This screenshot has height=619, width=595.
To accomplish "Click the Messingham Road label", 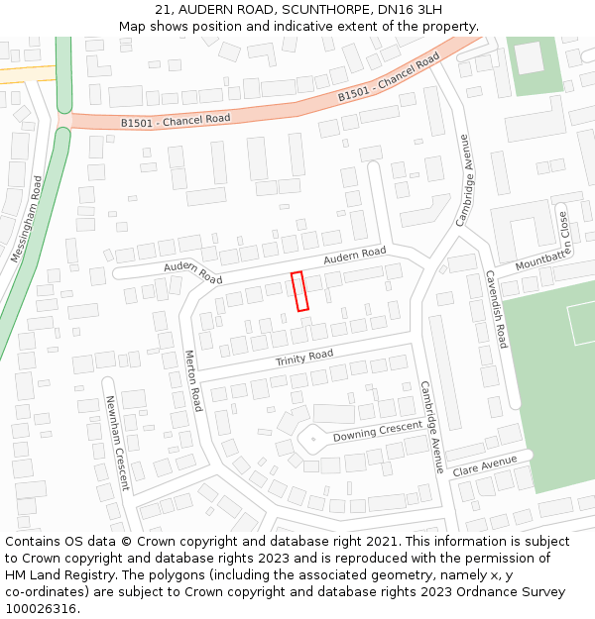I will pyautogui.click(x=26, y=219).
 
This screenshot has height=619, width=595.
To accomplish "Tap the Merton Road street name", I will pyautogui.click(x=193, y=380).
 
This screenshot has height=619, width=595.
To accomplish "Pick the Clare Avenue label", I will pyautogui.click(x=485, y=466).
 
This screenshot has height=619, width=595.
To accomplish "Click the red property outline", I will pyautogui.click(x=300, y=291).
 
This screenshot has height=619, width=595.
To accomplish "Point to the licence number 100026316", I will pyautogui.click(x=41, y=609).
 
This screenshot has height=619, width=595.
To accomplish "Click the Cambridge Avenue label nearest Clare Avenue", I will pyautogui.click(x=431, y=427).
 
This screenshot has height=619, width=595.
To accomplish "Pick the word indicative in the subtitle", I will pyautogui.click(x=325, y=27).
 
